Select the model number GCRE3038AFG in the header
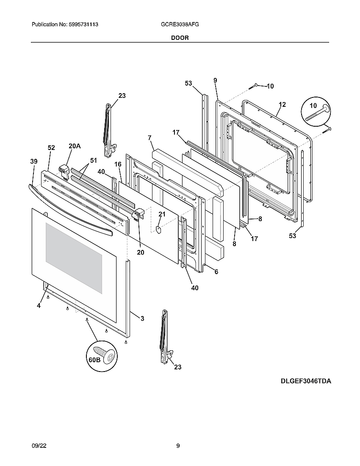(x=177, y=25)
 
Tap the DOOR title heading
(x=180, y=38)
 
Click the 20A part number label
(x=75, y=146)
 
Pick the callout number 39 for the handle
(x=34, y=161)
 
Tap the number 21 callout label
(x=161, y=214)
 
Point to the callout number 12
(x=282, y=105)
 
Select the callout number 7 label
(x=150, y=138)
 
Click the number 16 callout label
(x=118, y=164)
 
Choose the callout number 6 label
(x=216, y=272)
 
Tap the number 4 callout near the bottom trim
(x=39, y=305)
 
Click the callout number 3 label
(x=142, y=319)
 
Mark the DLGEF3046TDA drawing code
(x=305, y=381)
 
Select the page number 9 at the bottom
(x=178, y=445)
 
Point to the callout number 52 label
(x=51, y=148)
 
